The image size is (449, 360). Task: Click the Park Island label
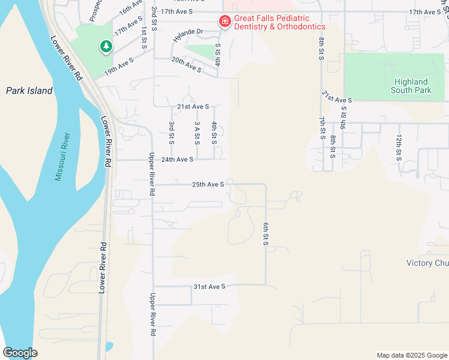(x=29, y=91)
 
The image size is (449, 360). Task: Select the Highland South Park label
(x=411, y=86)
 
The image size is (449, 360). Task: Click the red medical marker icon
(x=225, y=22)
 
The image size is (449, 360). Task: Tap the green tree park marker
(x=106, y=46)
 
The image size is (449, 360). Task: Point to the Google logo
(x=20, y=353)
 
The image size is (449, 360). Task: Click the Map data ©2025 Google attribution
(x=411, y=355)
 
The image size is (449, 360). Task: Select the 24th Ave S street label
(x=177, y=160)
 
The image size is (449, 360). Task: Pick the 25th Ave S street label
(x=208, y=184)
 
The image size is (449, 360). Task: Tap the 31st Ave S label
(x=209, y=287)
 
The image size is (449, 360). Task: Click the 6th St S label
(x=265, y=233)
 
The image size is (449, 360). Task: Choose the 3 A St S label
(x=197, y=133)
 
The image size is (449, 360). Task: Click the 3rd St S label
(x=172, y=133)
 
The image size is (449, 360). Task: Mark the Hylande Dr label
(x=188, y=31)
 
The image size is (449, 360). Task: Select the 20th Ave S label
(x=186, y=65)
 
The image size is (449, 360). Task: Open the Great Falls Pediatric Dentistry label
(x=280, y=23)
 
